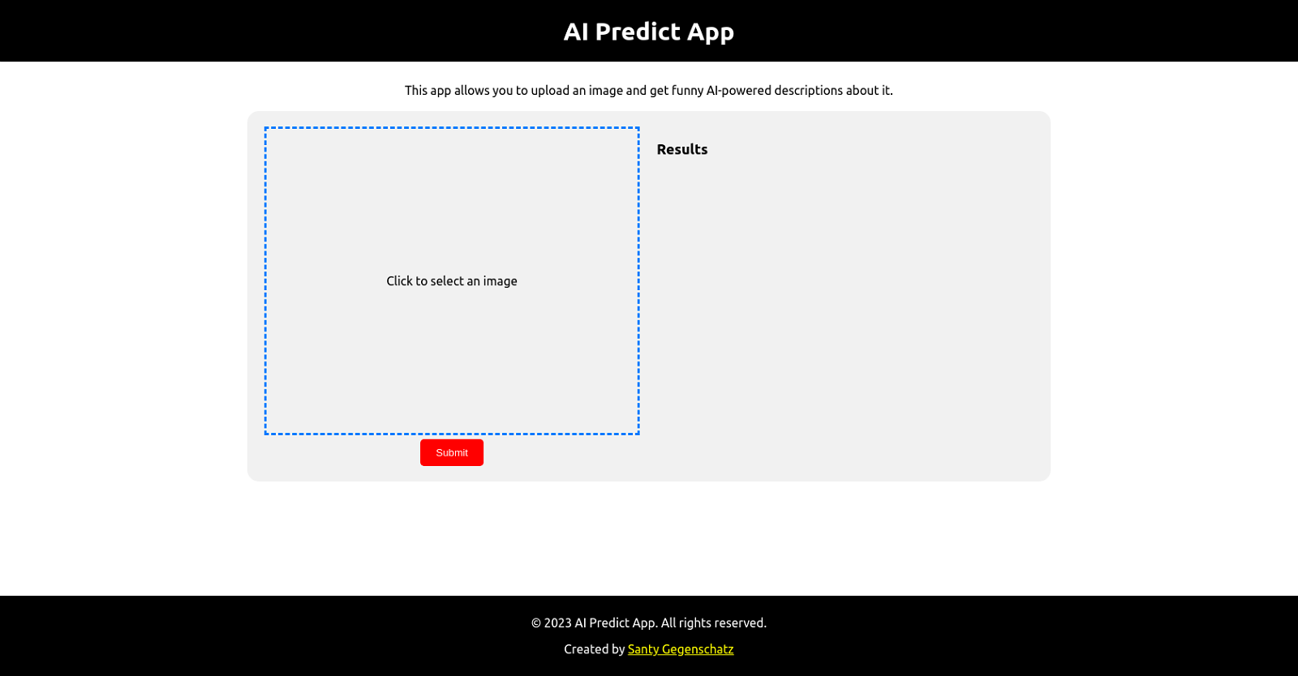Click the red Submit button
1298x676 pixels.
coord(451,452)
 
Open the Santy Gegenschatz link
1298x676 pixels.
coord(680,648)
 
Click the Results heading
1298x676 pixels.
coord(681,149)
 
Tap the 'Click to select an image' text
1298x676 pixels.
coord(451,280)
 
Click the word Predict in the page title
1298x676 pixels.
coord(638,31)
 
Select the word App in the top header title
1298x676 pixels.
coord(711,32)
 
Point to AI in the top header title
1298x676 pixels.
coord(575,31)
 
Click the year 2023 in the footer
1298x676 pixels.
coord(557,623)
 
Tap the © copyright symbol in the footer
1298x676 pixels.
coord(535,623)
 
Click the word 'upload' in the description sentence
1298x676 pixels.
coord(549,90)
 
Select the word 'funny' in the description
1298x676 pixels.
coord(687,90)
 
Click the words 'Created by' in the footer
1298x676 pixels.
coord(594,648)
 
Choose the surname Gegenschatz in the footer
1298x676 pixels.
coord(698,648)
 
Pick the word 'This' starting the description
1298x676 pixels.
coord(415,90)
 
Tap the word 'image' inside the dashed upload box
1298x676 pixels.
coord(500,280)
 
